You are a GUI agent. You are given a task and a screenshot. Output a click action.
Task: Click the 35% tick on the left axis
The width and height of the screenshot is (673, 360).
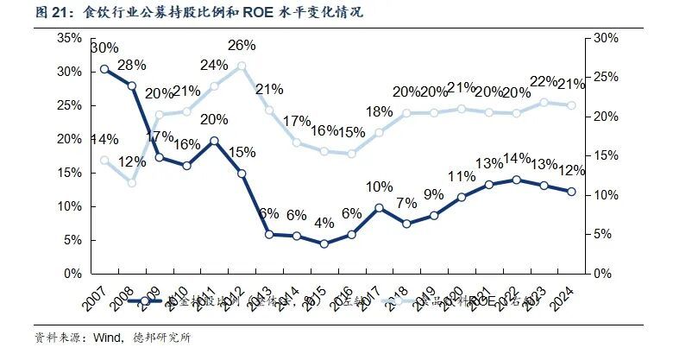(x=70, y=39)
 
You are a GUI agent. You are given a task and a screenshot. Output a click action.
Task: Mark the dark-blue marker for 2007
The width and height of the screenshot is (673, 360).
(x=104, y=69)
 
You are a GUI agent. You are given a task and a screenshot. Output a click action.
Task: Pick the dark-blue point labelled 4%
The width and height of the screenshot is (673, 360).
(x=324, y=244)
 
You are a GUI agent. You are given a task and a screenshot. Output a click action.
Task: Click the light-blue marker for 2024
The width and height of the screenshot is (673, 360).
(x=571, y=105)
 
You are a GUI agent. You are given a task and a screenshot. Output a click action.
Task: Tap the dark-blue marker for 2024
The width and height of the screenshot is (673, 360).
(x=571, y=192)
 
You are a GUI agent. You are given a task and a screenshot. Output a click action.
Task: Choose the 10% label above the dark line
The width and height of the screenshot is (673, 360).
(x=379, y=187)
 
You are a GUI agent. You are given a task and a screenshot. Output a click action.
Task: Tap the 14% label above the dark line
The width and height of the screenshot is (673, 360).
(x=516, y=159)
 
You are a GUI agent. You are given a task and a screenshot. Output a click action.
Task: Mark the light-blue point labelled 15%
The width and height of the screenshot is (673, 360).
(x=351, y=154)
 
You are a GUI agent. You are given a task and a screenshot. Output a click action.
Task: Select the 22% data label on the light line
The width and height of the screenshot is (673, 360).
(x=544, y=81)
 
